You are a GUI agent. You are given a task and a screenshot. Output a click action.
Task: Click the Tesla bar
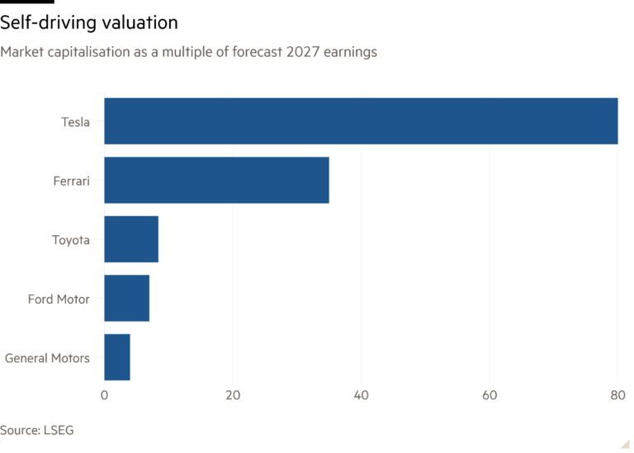[361, 121]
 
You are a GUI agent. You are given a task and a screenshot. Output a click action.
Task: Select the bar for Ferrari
[217, 180]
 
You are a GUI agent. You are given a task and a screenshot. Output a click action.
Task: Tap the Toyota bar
[131, 239]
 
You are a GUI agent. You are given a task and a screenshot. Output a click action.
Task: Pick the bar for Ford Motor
[127, 299]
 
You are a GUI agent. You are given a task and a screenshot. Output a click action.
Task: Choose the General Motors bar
[117, 357]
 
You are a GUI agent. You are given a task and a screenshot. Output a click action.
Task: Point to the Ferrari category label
[73, 181]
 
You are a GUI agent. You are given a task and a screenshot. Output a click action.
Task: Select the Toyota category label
[71, 239]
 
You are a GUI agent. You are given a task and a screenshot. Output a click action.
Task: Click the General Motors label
[48, 358]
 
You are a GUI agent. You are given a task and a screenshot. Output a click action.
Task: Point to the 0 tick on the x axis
[104, 395]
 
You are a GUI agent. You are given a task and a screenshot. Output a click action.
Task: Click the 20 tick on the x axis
[233, 395]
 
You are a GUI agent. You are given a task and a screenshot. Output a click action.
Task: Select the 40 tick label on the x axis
[361, 395]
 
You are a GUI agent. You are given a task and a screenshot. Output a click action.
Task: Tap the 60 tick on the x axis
[490, 395]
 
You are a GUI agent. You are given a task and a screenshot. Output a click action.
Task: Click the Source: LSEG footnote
[31, 430]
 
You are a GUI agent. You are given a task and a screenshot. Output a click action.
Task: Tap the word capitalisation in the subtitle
[81, 52]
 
